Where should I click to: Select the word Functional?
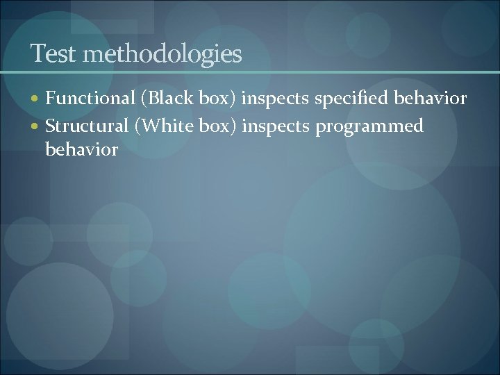[91, 99]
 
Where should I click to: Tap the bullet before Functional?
[37, 100]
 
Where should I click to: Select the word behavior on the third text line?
[82, 149]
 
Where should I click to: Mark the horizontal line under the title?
[250, 73]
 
